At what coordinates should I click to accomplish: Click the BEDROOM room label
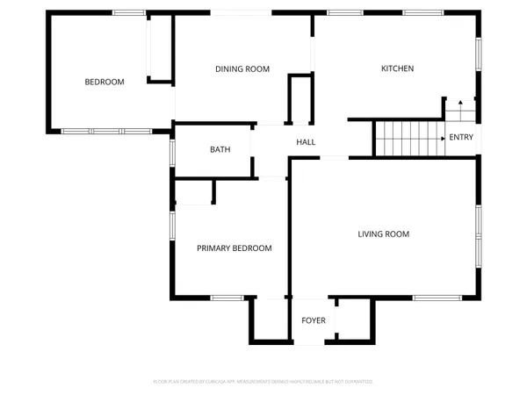[x=104, y=82]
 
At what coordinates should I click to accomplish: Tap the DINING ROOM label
[x=242, y=68]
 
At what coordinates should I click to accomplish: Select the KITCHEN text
[x=397, y=68]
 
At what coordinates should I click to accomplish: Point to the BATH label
[x=220, y=149]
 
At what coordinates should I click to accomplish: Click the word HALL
[x=306, y=142]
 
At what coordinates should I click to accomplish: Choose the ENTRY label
[x=461, y=137]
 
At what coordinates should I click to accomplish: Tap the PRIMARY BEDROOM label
[x=234, y=248]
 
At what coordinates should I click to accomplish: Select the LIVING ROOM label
[x=384, y=233]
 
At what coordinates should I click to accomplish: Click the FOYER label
[x=314, y=320]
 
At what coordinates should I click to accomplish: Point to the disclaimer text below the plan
[x=263, y=382]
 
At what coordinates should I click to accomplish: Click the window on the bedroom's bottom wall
[x=93, y=131]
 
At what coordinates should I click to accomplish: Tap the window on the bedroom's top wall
[x=129, y=12]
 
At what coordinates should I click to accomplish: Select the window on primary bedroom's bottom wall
[x=227, y=297]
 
